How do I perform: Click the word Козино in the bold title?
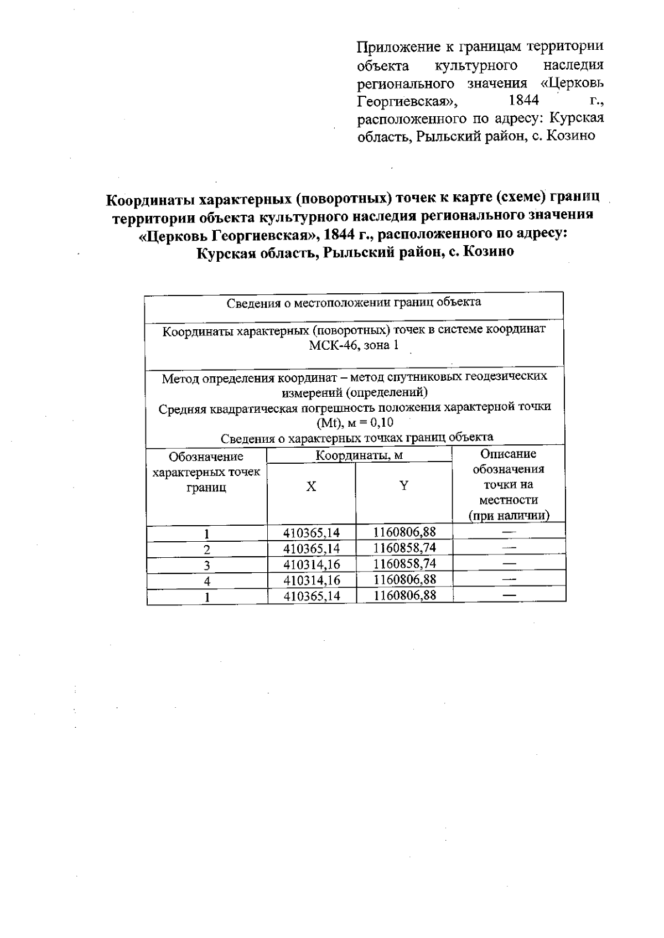tap(489, 252)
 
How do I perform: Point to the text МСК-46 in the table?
tap(329, 346)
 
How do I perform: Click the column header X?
tap(312, 486)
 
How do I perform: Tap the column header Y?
tap(404, 486)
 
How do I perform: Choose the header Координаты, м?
tap(359, 455)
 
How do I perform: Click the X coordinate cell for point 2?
tap(312, 549)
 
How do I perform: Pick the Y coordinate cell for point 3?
tap(404, 564)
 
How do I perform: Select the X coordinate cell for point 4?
tap(312, 580)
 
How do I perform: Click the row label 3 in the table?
tap(207, 565)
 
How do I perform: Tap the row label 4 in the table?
tap(207, 581)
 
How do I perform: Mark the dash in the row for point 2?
tap(509, 548)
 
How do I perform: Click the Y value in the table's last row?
tap(404, 595)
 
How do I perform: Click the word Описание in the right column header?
tap(508, 454)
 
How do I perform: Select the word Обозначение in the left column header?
tap(206, 457)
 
